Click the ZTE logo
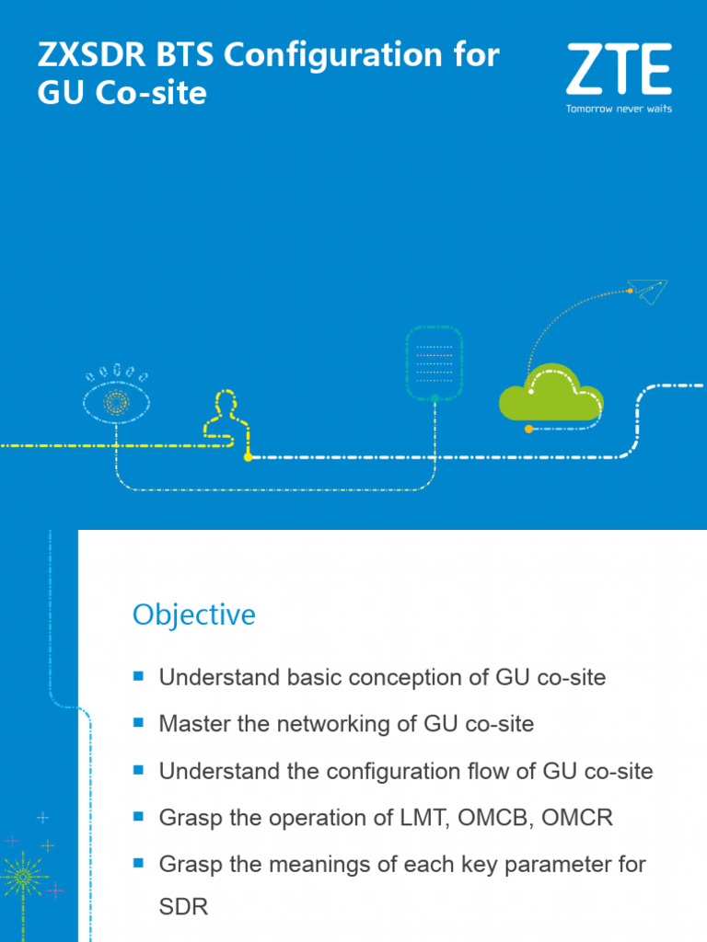pos(618,72)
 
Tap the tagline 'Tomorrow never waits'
pos(618,109)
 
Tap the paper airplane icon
pos(650,292)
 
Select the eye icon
pos(116,397)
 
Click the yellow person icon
pos(225,418)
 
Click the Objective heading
pos(194,615)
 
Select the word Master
pos(193,724)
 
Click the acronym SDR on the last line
pos(183,906)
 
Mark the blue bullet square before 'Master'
pos(139,723)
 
